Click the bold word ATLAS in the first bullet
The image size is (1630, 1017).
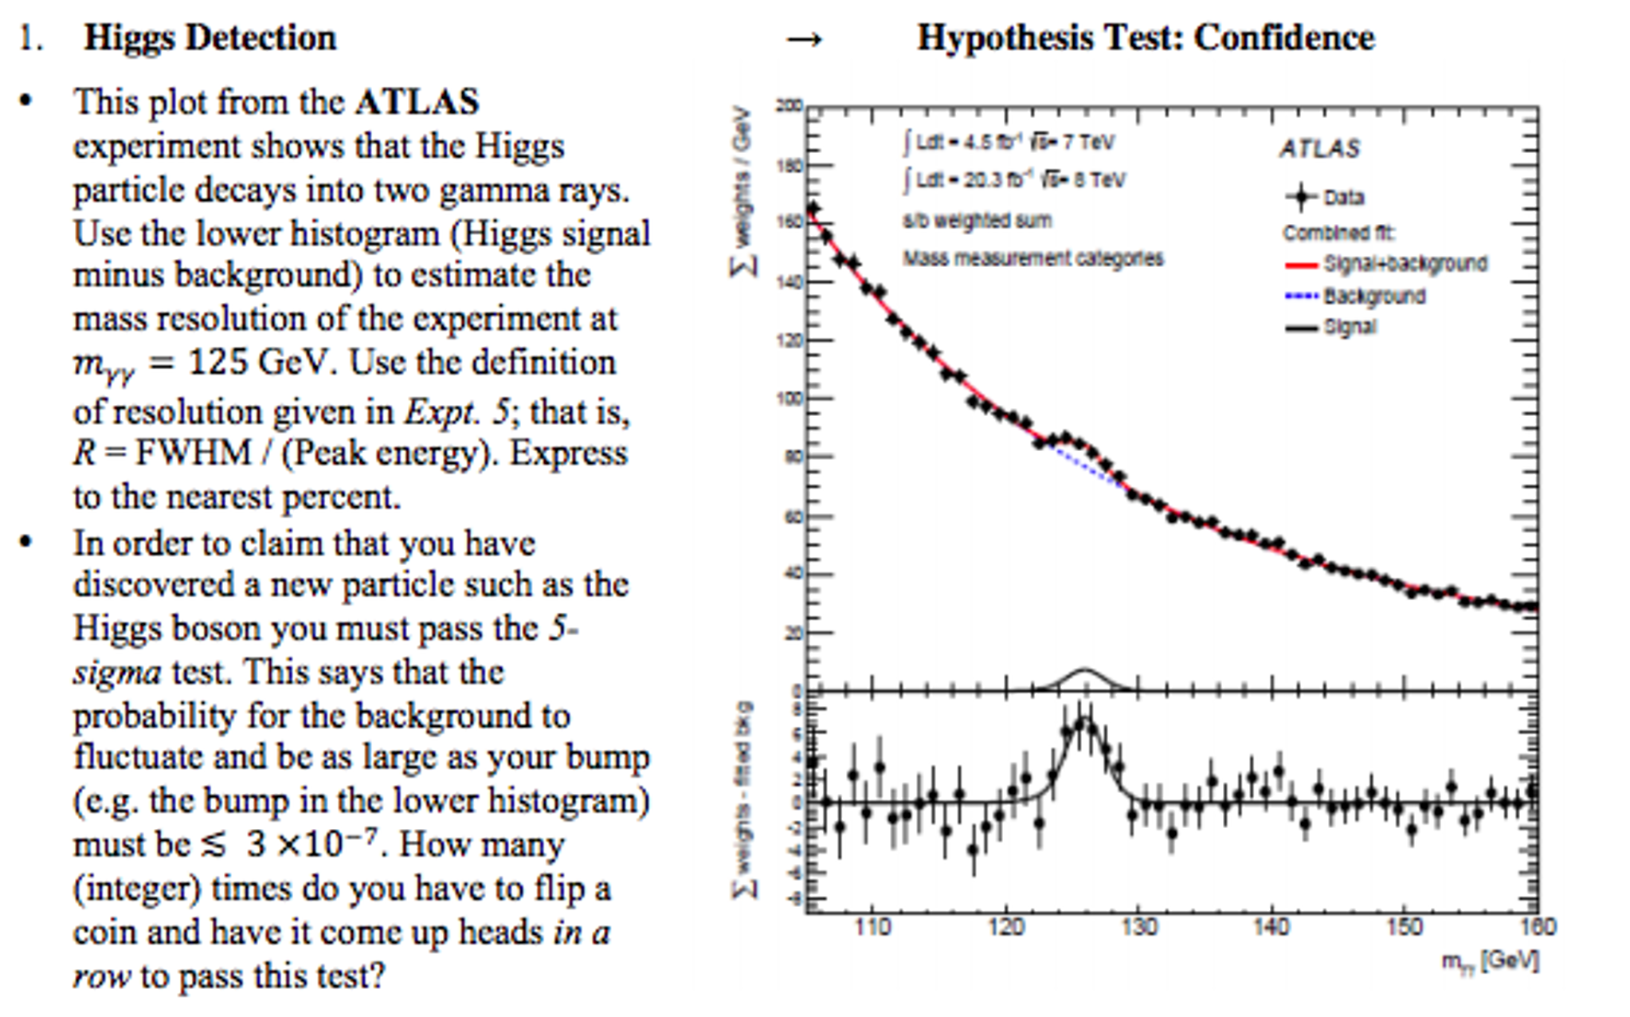417,102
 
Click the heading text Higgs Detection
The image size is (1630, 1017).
210,37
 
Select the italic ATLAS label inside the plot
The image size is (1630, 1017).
1320,148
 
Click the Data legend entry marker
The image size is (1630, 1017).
1302,197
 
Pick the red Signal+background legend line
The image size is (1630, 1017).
1302,264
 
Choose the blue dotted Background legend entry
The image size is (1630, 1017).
1302,296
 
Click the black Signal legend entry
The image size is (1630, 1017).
1302,328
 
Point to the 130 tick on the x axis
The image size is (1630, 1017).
1138,928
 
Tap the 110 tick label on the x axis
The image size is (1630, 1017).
872,928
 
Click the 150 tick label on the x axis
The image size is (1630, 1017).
1404,928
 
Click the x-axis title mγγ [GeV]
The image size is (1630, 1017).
1490,961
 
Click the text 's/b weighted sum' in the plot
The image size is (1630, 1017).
977,221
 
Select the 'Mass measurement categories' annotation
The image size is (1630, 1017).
1032,258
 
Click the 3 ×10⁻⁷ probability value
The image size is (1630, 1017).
311,844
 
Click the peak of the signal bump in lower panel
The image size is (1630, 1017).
1083,721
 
